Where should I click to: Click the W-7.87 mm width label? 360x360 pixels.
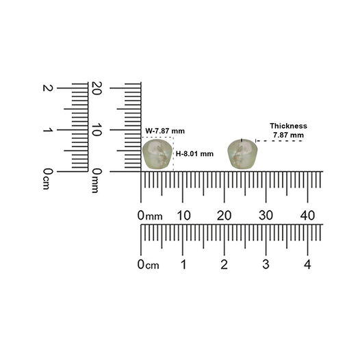165,131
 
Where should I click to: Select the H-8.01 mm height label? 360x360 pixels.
194,153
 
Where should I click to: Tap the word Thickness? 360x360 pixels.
288,126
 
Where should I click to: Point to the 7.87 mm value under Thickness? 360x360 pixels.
288,135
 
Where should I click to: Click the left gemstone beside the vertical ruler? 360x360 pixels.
157,154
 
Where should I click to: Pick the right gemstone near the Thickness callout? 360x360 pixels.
242,154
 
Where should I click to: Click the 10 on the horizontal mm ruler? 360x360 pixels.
183,216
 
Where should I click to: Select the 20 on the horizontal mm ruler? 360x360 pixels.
224,216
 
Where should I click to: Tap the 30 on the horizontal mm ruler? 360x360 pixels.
266,216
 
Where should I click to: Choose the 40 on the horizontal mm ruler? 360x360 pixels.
308,216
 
